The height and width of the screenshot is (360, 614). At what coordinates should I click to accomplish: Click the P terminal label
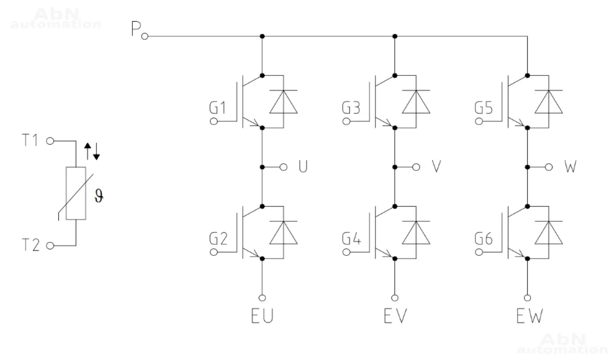[x=135, y=30]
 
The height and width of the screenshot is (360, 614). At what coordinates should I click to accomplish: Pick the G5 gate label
[x=483, y=108]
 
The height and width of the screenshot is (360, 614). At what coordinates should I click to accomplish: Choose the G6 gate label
[x=483, y=239]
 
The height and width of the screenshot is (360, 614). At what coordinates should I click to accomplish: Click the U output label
[x=303, y=167]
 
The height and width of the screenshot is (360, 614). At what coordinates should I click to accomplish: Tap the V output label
[x=436, y=167]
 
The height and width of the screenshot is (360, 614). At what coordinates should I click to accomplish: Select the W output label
[x=569, y=167]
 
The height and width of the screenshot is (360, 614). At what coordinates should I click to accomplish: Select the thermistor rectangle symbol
[x=76, y=193]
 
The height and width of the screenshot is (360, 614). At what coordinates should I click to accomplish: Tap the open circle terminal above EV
[x=395, y=297]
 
